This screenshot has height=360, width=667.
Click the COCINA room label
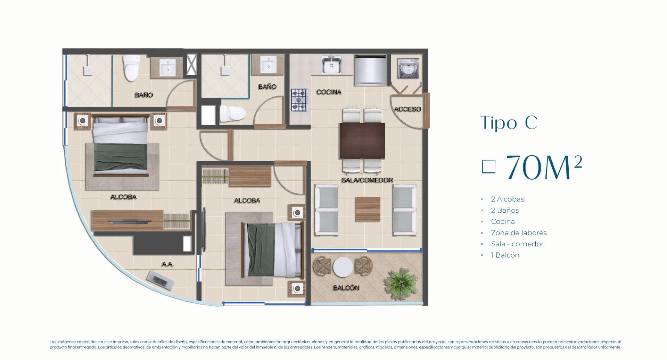tap(329, 92)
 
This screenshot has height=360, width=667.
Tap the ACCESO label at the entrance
tap(407, 109)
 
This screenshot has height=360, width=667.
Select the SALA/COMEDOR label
tap(367, 180)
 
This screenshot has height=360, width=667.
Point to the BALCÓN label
tap(346, 288)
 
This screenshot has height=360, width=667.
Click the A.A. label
tap(167, 264)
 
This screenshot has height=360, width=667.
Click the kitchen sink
tap(331, 65)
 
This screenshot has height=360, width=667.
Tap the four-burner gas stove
tap(299, 100)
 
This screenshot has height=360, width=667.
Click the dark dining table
tap(362, 141)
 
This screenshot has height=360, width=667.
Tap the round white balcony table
tap(343, 267)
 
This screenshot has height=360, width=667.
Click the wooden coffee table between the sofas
tap(368, 209)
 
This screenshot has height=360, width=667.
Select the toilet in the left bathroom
tap(131, 68)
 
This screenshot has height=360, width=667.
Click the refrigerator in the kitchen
tap(370, 70)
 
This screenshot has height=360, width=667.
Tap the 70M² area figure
tap(544, 167)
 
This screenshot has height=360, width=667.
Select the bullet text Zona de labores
tap(519, 233)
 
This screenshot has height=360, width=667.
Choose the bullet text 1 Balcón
tap(505, 255)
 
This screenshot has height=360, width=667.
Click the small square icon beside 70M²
tap(488, 167)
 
